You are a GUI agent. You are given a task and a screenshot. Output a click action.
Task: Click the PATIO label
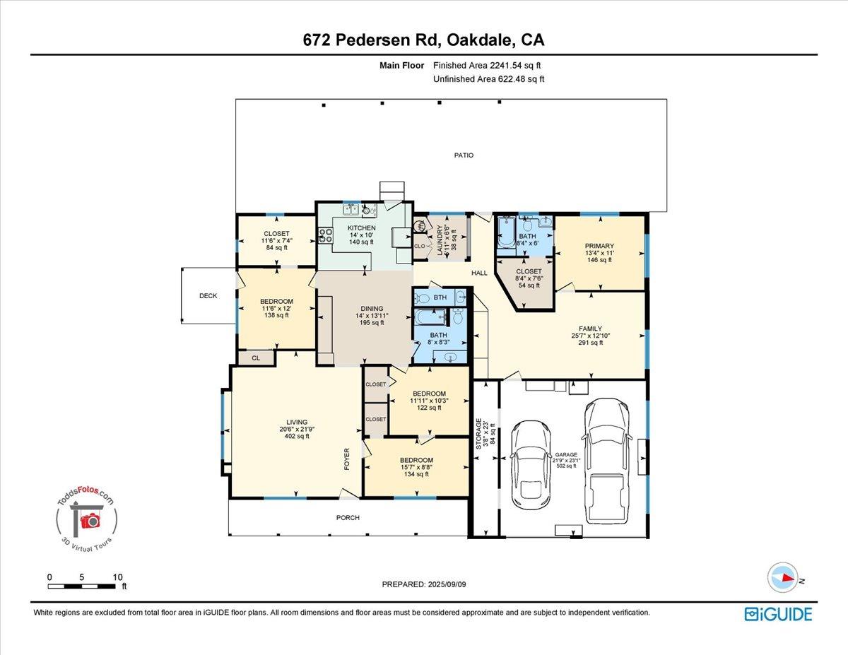pos(464,155)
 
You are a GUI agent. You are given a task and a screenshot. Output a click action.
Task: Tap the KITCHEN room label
pos(361,228)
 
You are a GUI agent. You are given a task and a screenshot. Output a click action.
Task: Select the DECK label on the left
pos(208,296)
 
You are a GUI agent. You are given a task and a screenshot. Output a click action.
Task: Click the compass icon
pos(783,578)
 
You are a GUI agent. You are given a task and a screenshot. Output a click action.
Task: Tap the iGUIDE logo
pos(778,614)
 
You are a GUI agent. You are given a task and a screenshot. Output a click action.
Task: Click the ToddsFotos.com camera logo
pos(86,521)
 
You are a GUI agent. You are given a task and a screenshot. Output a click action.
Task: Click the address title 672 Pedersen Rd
pos(423,40)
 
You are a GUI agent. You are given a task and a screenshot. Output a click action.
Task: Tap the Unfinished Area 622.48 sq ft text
pos(488,79)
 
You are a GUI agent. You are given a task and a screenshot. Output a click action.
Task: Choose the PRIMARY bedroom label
pos(599,246)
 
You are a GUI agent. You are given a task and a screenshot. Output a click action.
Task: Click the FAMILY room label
pos(590,329)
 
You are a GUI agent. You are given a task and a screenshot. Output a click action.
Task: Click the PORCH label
pos(348,518)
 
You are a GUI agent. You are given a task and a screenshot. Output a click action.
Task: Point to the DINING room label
pos(372,308)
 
